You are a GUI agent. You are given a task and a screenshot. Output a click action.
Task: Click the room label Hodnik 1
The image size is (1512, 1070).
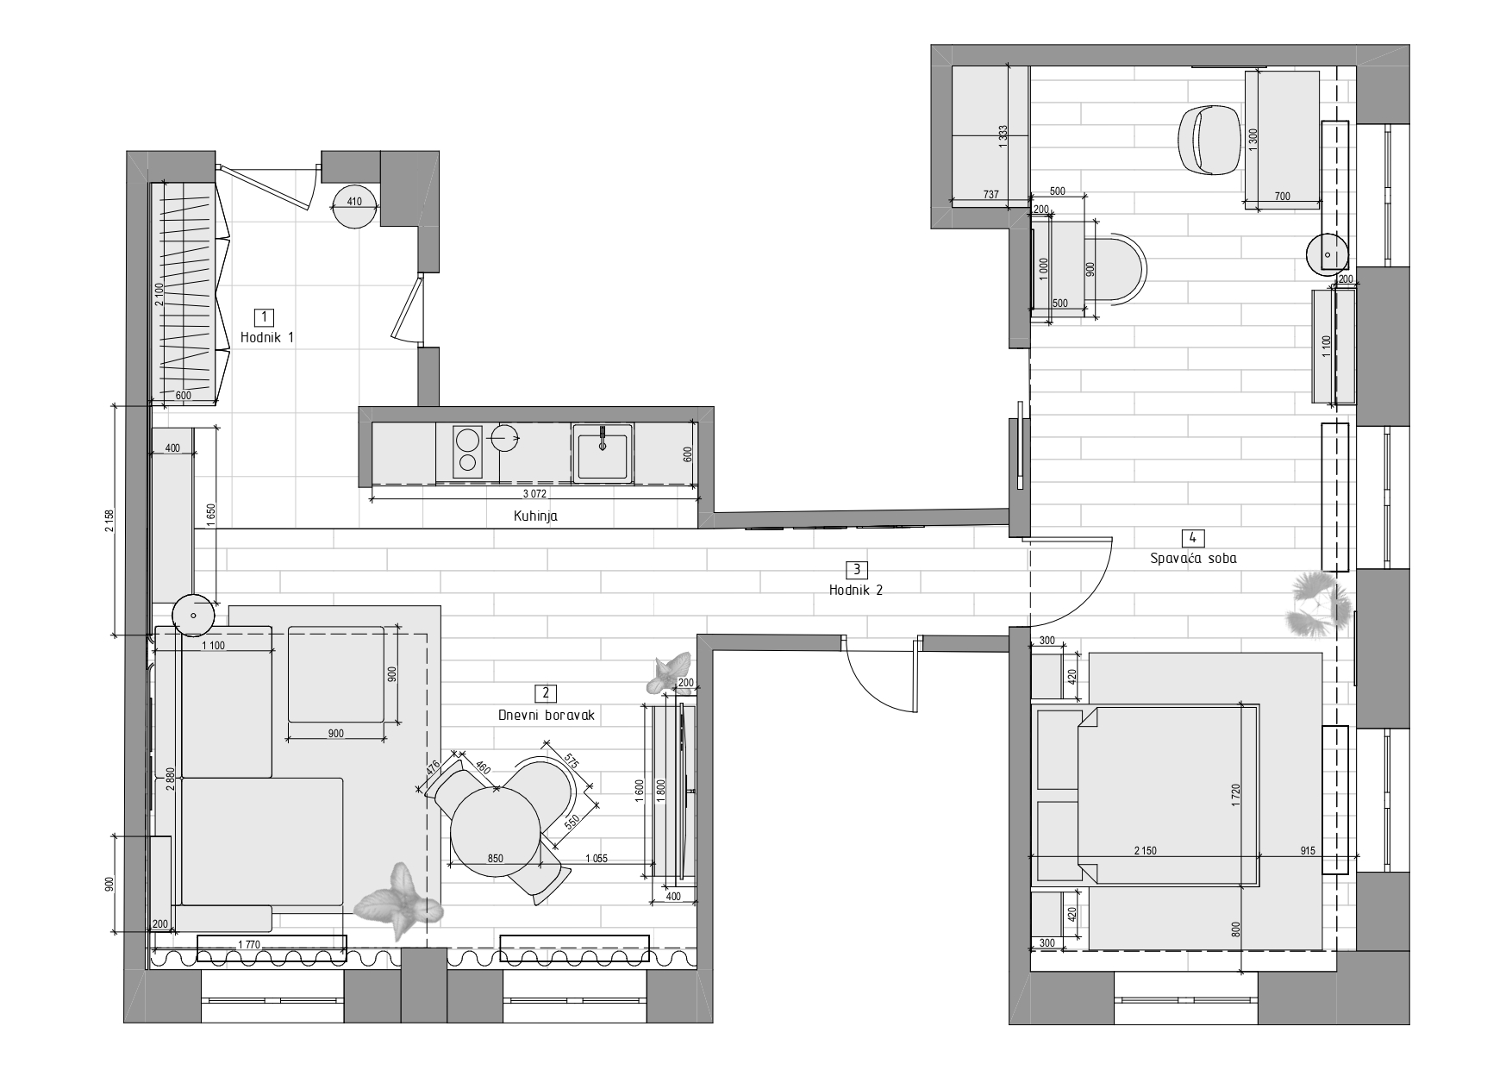click(x=266, y=337)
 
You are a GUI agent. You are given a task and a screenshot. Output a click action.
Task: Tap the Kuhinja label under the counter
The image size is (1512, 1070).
click(x=535, y=516)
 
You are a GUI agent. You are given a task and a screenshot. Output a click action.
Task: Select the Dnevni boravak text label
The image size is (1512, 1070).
click(x=547, y=715)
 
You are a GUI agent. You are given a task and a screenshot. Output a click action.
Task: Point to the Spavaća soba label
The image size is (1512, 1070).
click(x=1193, y=558)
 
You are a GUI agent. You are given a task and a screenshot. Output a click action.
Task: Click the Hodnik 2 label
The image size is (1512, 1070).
click(x=856, y=591)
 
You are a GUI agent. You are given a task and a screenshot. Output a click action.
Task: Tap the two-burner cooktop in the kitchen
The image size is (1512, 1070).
click(x=466, y=452)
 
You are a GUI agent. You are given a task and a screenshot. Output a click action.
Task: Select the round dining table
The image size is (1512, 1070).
click(x=497, y=832)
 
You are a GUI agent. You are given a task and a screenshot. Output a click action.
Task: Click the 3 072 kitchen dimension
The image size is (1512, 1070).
click(x=535, y=494)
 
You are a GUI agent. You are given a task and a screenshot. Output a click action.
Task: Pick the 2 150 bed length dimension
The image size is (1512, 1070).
click(x=1145, y=851)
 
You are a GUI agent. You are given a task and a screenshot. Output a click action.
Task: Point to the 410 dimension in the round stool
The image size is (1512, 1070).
click(x=354, y=203)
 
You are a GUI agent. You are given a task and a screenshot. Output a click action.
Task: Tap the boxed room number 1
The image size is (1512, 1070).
click(x=266, y=316)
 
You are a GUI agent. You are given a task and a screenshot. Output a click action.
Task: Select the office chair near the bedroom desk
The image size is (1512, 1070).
click(x=1209, y=138)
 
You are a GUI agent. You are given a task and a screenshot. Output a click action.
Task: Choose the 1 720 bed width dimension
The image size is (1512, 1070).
click(x=1236, y=794)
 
